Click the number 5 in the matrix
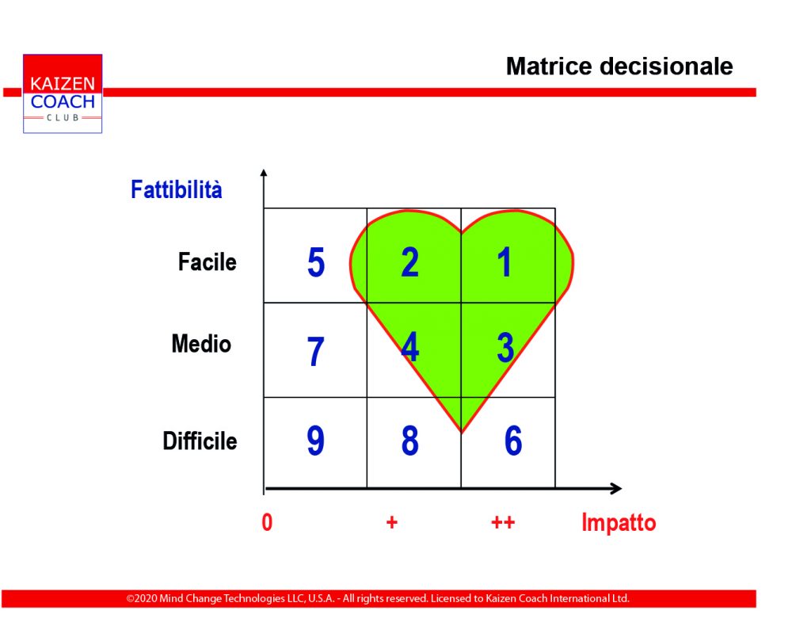(316, 262)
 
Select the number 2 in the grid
(409, 262)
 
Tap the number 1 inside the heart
(504, 262)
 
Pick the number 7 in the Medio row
(315, 352)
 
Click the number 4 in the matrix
(410, 347)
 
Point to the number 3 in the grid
(505, 347)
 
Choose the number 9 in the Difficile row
(315, 441)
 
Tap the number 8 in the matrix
(409, 441)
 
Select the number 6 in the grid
(513, 441)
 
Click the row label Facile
(208, 262)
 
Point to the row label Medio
(201, 344)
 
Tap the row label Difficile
(200, 441)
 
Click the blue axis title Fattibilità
(177, 189)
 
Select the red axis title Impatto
(619, 522)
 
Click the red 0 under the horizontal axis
(267, 522)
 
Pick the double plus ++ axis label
(503, 522)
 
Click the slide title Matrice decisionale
(619, 67)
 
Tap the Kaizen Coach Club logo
(63, 93)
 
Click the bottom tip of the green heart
(462, 432)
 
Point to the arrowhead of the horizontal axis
(616, 488)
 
